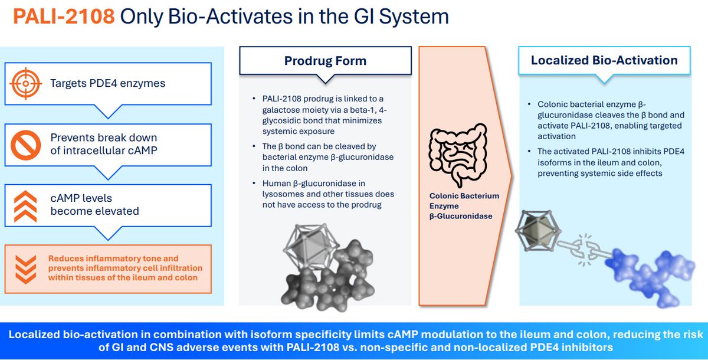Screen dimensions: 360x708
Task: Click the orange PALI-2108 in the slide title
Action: (x=64, y=17)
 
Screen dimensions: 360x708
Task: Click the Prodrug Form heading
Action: (x=325, y=61)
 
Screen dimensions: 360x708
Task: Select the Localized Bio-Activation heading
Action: (x=604, y=60)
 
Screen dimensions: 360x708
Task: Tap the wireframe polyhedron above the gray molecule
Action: (x=305, y=244)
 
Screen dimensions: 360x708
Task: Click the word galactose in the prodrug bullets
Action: (x=281, y=109)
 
